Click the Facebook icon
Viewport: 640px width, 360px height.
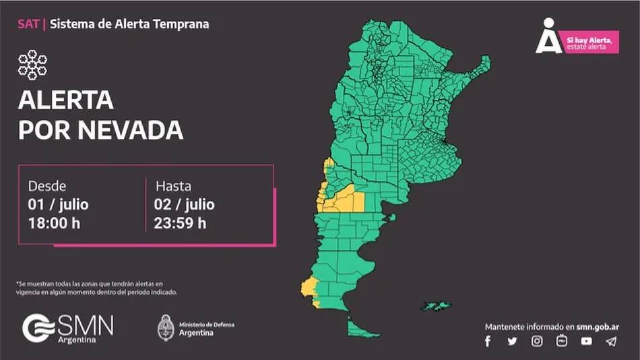pyautogui.click(x=488, y=341)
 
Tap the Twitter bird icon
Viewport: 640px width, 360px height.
pyautogui.click(x=512, y=341)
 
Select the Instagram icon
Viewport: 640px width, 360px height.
pyautogui.click(x=537, y=341)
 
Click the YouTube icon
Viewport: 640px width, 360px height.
pyautogui.click(x=587, y=341)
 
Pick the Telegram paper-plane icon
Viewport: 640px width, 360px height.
pyautogui.click(x=611, y=341)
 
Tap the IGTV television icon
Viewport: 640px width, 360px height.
pyautogui.click(x=562, y=341)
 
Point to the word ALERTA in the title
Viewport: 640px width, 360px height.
pyautogui.click(x=65, y=100)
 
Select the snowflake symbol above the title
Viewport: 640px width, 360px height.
pyautogui.click(x=32, y=65)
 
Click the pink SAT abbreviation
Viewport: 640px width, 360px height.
pyautogui.click(x=28, y=24)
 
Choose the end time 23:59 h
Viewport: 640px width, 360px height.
pyautogui.click(x=181, y=222)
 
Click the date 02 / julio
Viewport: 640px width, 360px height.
pyautogui.click(x=185, y=204)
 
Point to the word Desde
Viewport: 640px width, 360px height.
pyautogui.click(x=47, y=185)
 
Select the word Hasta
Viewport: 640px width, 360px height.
pyautogui.click(x=173, y=185)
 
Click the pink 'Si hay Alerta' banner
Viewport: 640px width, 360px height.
pyautogui.click(x=591, y=43)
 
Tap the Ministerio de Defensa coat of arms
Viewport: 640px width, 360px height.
pyautogui.click(x=166, y=328)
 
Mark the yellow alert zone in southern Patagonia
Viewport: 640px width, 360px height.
pyautogui.click(x=309, y=289)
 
